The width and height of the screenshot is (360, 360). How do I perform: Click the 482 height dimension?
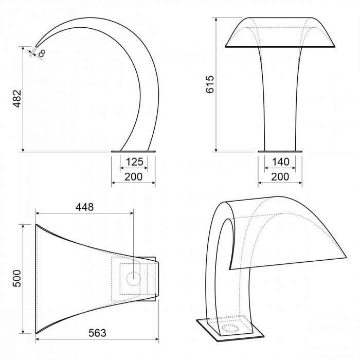(x=17, y=99)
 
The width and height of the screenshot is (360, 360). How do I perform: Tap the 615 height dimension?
(x=210, y=84)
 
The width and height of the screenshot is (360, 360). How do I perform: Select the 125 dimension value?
(x=134, y=162)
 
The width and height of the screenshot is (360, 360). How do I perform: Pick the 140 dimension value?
(x=281, y=162)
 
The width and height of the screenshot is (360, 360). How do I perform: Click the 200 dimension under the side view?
(x=133, y=177)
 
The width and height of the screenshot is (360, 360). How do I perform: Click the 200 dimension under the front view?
(x=280, y=177)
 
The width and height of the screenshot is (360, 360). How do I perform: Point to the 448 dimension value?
(x=85, y=207)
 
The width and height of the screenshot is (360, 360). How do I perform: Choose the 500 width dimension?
(x=17, y=278)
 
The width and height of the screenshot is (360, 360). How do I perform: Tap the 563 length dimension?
(x=97, y=333)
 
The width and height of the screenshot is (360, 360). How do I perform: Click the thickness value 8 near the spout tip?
(x=42, y=53)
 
